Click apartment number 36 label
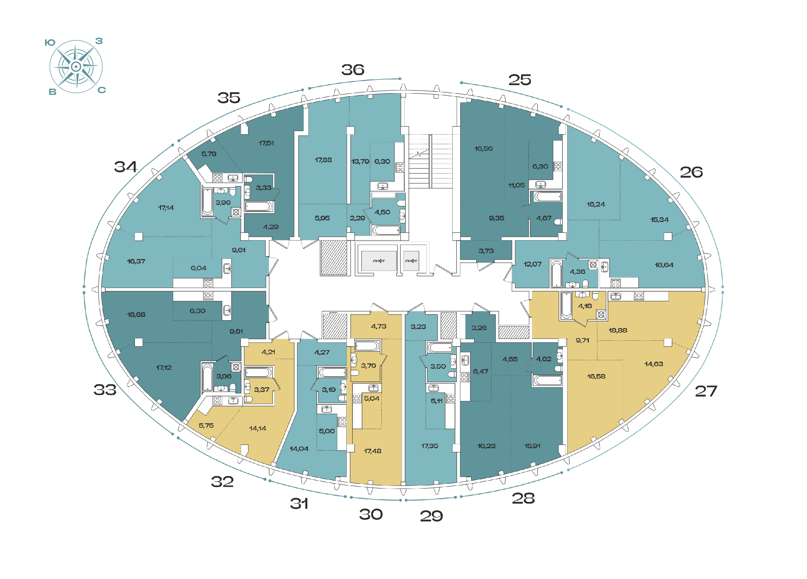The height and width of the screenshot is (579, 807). click(x=353, y=70)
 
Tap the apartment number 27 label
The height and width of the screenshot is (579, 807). click(x=706, y=391)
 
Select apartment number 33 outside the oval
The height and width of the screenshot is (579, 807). click(x=105, y=390)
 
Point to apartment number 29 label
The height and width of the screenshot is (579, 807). click(x=431, y=516)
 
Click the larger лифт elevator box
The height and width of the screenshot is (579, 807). click(x=379, y=261)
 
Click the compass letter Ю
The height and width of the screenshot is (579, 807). click(x=50, y=43)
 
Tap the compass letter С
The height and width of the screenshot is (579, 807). click(x=102, y=90)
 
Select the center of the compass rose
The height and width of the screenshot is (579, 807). click(x=76, y=67)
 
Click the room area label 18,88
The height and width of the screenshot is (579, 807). click(x=618, y=330)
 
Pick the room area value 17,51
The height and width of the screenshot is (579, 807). click(x=266, y=143)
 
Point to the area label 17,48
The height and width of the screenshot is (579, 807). click(x=373, y=451)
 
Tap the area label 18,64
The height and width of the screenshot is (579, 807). click(x=664, y=265)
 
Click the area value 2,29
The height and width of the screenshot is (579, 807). click(x=357, y=218)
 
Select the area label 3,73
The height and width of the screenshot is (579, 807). click(x=486, y=251)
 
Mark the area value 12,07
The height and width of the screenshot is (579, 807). click(x=532, y=264)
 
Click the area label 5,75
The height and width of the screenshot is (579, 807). click(x=206, y=426)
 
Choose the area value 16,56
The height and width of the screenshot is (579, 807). click(x=484, y=149)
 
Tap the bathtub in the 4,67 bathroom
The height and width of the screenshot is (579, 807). click(x=548, y=196)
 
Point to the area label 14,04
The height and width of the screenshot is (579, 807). click(x=299, y=449)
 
